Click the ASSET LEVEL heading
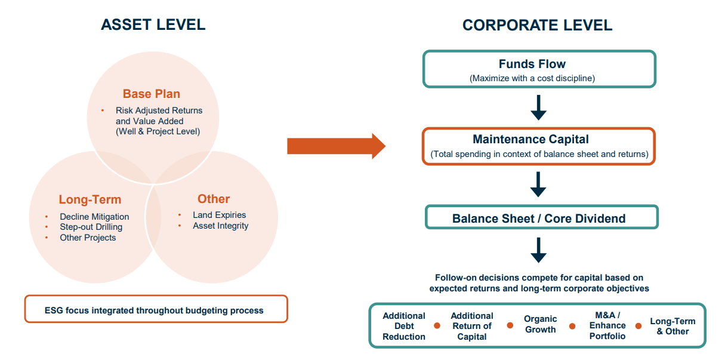pyautogui.click(x=153, y=24)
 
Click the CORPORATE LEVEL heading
pyautogui.click(x=537, y=25)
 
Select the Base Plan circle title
pyautogui.click(x=151, y=94)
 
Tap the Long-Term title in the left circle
pyautogui.click(x=90, y=200)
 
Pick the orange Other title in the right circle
pyautogui.click(x=214, y=199)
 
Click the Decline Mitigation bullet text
pyautogui.click(x=94, y=217)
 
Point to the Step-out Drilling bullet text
pyautogui.click(x=91, y=227)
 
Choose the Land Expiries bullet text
pyautogui.click(x=219, y=215)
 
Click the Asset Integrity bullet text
pyautogui.click(x=220, y=226)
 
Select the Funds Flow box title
pyautogui.click(x=532, y=64)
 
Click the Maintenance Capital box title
pyautogui.click(x=530, y=139)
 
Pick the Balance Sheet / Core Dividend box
pyautogui.click(x=539, y=218)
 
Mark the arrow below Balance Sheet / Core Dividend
pyautogui.click(x=538, y=250)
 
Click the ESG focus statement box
pyautogui.click(x=156, y=310)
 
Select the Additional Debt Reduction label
pyautogui.click(x=404, y=326)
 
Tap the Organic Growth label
pyautogui.click(x=540, y=324)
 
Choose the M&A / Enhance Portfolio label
pyautogui.click(x=607, y=325)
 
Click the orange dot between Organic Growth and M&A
pyautogui.click(x=572, y=326)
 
